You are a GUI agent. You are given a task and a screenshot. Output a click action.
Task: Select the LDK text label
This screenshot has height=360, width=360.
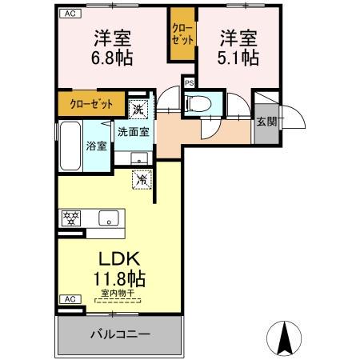click(120, 260)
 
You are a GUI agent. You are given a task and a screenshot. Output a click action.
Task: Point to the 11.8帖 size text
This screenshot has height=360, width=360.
click(121, 281)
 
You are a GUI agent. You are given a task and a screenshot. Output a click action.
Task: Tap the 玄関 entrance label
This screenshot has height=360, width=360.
click(266, 122)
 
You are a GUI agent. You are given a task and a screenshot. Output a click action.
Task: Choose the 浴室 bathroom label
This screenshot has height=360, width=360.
click(96, 146)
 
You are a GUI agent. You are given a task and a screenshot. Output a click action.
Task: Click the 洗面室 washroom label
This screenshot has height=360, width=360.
click(133, 132)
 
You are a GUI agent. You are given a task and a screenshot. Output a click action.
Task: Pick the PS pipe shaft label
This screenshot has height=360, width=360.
click(190, 82)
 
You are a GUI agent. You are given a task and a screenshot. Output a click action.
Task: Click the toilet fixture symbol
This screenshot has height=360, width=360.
click(197, 104)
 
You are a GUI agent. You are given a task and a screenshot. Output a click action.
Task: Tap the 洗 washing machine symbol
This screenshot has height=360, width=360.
click(138, 109)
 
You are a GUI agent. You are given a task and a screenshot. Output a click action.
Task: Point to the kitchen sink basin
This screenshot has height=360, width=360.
click(108, 218)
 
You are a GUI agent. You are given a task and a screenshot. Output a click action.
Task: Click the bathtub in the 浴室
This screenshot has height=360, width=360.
click(70, 146)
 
